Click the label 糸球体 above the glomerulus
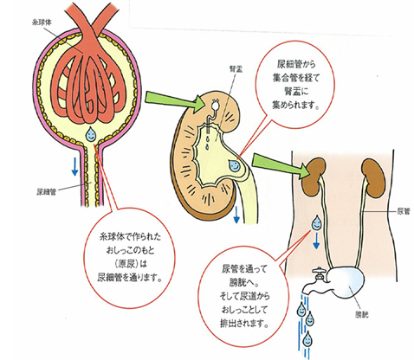click(42, 22)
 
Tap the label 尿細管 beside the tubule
click(46, 192)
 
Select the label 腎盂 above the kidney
click(236, 68)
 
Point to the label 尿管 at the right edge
click(404, 211)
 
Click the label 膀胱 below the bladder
click(361, 315)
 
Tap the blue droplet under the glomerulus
click(91, 133)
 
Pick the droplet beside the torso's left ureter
click(316, 222)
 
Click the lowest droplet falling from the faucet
click(307, 339)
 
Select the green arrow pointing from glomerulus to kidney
click(174, 102)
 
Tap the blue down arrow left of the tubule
click(74, 166)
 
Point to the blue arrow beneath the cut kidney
click(236, 214)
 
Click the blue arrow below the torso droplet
click(316, 241)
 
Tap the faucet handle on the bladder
click(319, 271)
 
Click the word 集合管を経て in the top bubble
click(296, 78)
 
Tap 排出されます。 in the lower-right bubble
click(244, 323)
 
